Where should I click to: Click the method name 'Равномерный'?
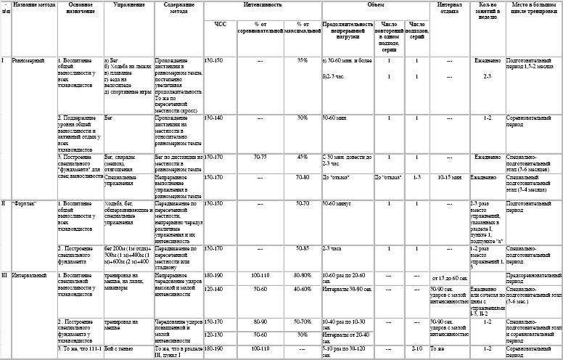click(x=29, y=60)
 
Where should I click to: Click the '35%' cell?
click(x=302, y=60)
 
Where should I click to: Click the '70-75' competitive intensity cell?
click(x=260, y=156)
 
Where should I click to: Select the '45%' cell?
click(x=302, y=156)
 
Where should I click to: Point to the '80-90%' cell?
click(x=302, y=275)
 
